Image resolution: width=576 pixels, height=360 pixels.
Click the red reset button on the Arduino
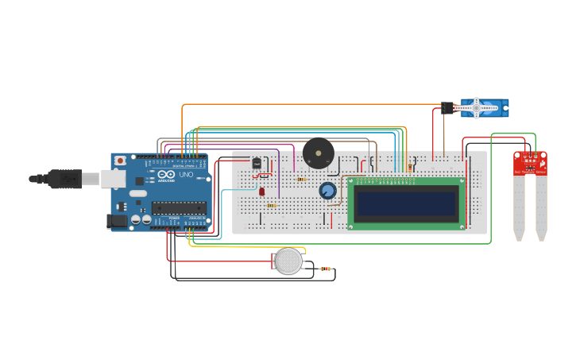tap(120, 161)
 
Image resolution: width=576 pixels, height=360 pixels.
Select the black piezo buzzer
tap(319, 153)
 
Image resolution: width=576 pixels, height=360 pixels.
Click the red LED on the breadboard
tap(261, 192)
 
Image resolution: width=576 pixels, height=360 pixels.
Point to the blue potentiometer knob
tap(327, 191)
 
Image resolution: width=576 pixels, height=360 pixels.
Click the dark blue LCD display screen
tap(405, 203)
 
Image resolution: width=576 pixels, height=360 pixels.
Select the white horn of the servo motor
tap(477, 108)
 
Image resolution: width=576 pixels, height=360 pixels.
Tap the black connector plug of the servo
tap(447, 108)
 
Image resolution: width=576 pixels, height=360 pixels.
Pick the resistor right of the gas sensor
tap(326, 269)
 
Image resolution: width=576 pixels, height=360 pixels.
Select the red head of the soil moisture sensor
tap(530, 163)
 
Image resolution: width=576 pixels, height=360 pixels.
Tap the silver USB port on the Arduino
tap(111, 180)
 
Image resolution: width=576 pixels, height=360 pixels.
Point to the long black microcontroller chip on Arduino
tap(179, 208)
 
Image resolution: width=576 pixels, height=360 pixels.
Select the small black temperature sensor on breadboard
tap(256, 164)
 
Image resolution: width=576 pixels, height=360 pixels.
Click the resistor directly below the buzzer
tap(302, 179)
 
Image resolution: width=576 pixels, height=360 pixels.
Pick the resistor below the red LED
tap(271, 206)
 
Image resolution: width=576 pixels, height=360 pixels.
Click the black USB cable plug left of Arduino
tap(64, 179)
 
